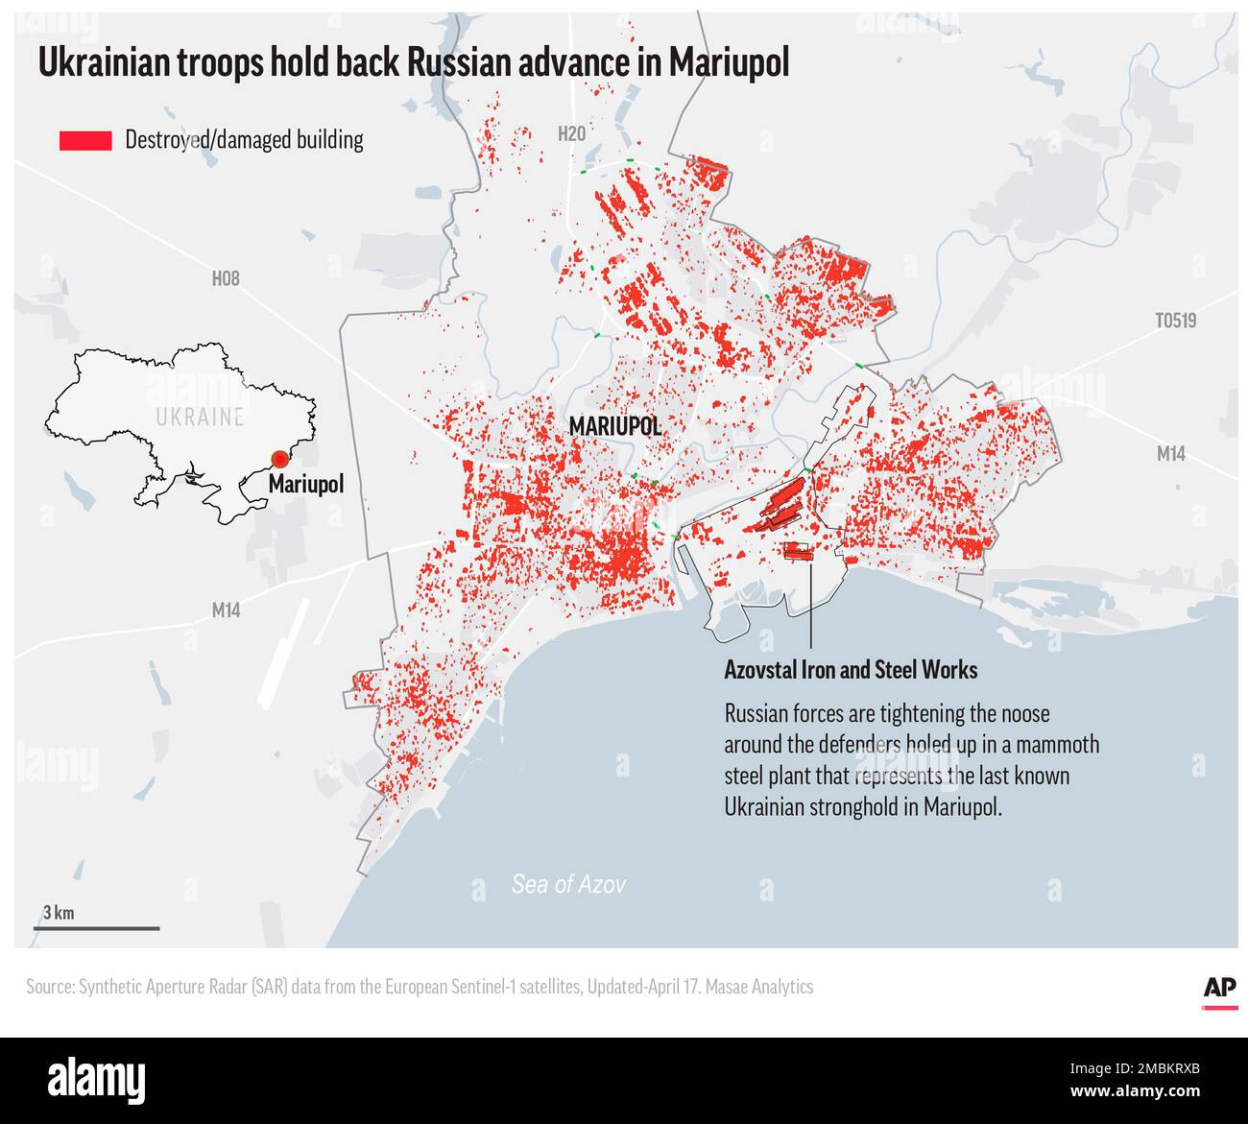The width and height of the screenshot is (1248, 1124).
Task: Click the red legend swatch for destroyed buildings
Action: click(85, 140)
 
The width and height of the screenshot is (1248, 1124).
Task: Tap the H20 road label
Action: click(570, 134)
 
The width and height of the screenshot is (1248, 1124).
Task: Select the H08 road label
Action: click(225, 279)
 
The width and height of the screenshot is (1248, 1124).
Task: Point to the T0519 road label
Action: click(1175, 321)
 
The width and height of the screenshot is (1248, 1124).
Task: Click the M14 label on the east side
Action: click(1169, 454)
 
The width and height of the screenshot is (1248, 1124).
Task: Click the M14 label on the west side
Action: click(226, 610)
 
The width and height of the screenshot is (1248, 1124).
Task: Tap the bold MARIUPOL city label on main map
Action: click(614, 426)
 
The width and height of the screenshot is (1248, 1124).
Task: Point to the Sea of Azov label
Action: click(567, 884)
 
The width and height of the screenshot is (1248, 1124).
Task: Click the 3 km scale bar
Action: click(97, 928)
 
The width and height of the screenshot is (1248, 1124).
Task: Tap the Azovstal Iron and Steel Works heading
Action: click(851, 670)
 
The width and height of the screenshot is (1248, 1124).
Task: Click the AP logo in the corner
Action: click(1219, 989)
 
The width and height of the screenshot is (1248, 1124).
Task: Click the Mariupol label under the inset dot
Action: click(305, 485)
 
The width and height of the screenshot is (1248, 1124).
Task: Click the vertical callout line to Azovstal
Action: click(812, 605)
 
